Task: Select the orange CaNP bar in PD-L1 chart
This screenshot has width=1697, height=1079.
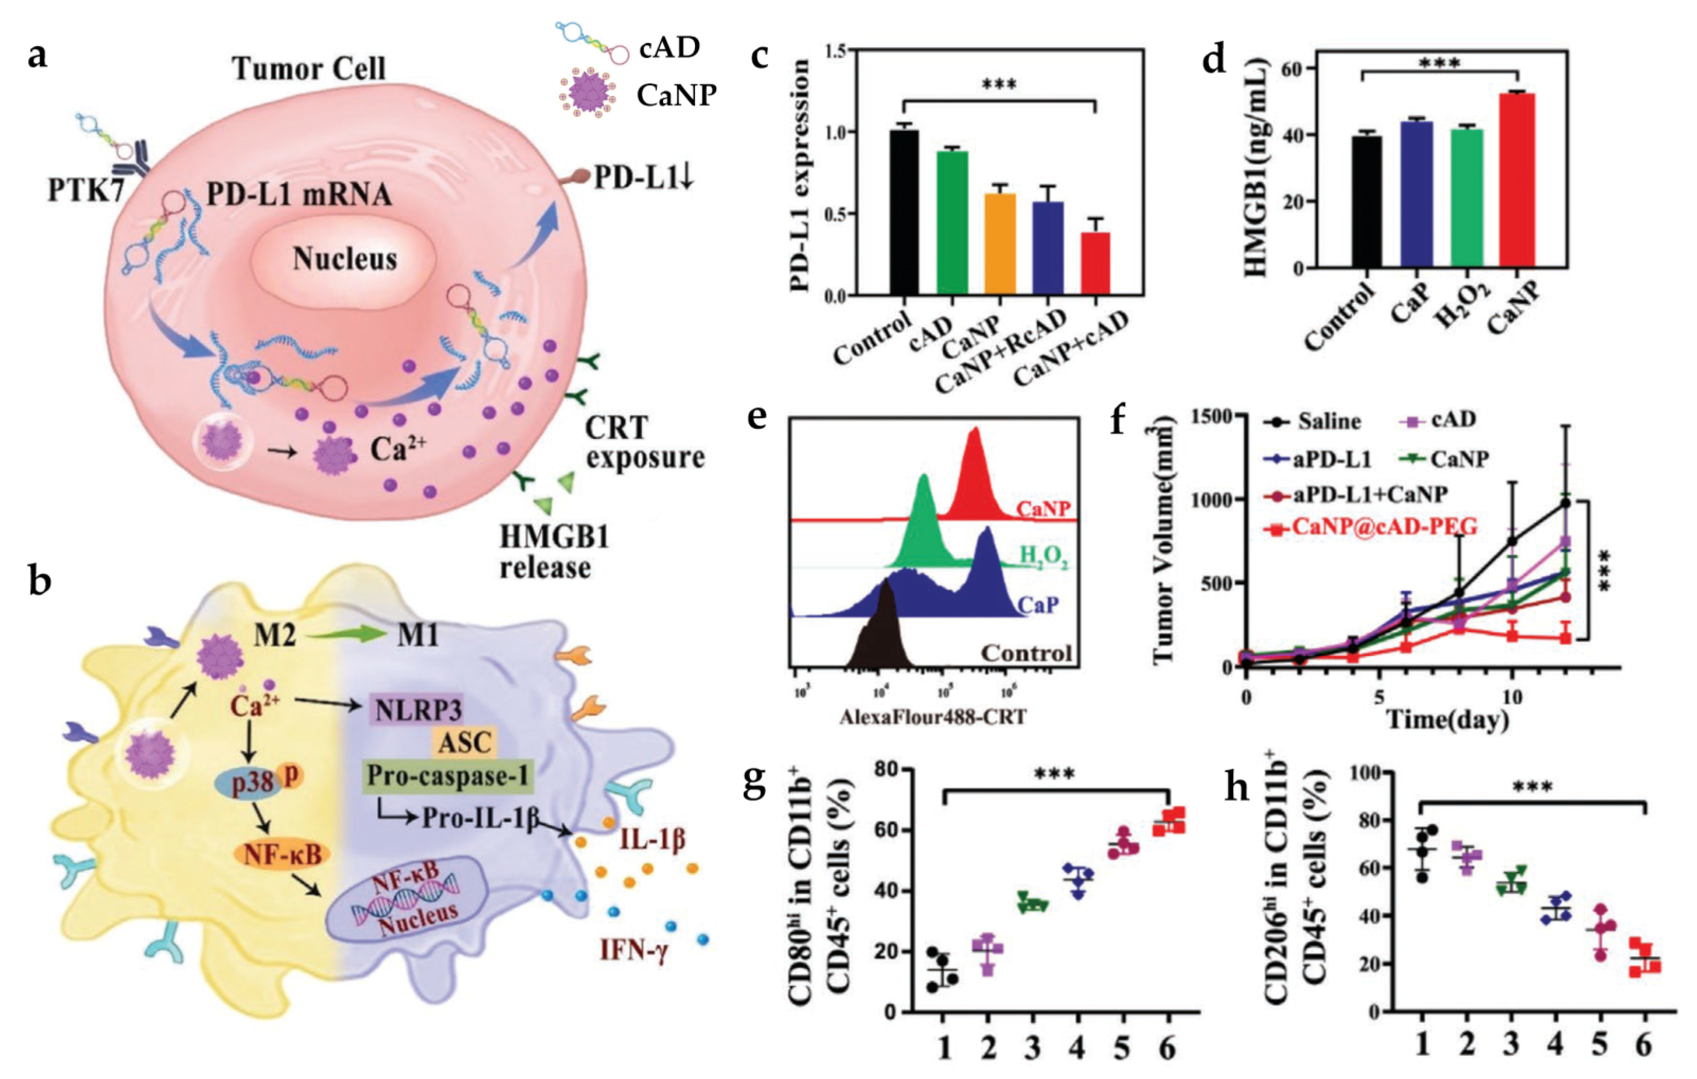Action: coord(999,243)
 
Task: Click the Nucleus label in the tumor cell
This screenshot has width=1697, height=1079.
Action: coord(345,258)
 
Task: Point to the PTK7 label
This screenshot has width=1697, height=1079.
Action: coord(86,190)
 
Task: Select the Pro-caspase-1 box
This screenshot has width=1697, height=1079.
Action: coord(447,776)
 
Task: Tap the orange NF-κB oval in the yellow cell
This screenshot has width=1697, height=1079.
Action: coord(282,855)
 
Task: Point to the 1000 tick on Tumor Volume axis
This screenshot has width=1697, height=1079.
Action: coord(1211,500)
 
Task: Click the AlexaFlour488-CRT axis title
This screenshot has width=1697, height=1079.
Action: coord(933,717)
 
